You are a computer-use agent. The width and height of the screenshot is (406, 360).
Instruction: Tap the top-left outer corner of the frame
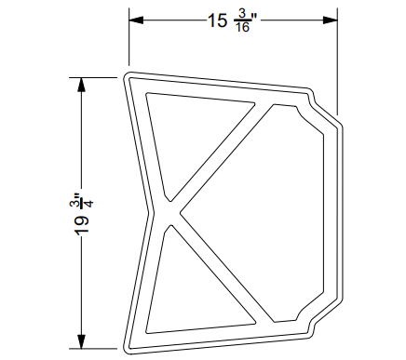[125, 73]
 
